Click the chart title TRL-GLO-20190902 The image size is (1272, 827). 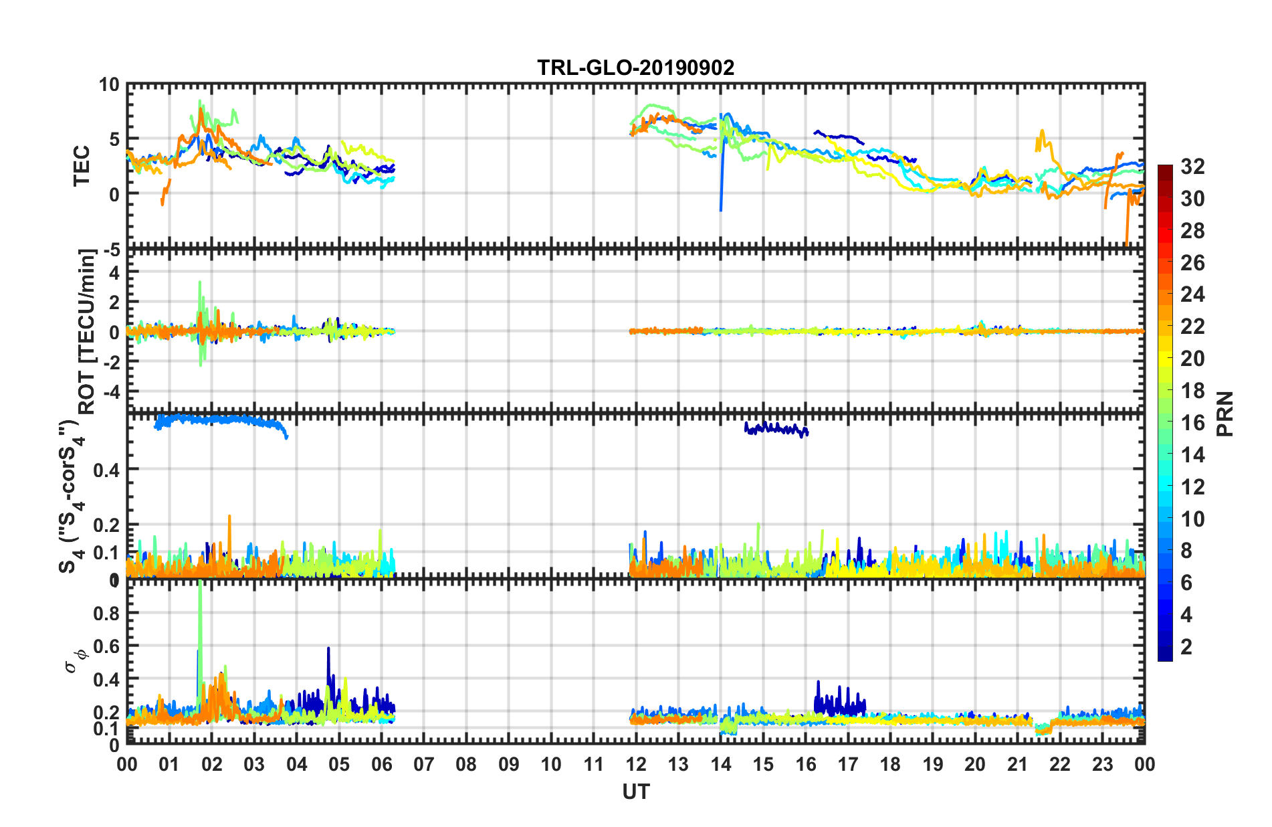pos(635,68)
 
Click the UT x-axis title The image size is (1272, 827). pos(635,792)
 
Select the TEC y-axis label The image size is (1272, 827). pos(82,166)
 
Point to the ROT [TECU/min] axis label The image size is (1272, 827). pos(87,331)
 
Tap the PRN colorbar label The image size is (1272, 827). pos(1225,413)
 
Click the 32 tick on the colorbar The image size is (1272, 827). pos(1192,167)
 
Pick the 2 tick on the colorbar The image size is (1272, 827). pos(1186,646)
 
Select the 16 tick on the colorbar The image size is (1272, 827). pos(1192,423)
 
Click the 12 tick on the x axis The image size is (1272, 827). pos(636,764)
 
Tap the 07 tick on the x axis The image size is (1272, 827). pos(424,764)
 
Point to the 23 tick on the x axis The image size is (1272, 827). pos(1102,764)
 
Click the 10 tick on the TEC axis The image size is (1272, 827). pos(109,85)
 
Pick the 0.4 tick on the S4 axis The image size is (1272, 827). pos(106,470)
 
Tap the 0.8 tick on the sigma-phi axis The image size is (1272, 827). pos(106,613)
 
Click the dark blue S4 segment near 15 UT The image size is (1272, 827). pos(776,428)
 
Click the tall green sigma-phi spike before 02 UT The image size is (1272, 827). pos(200,616)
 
